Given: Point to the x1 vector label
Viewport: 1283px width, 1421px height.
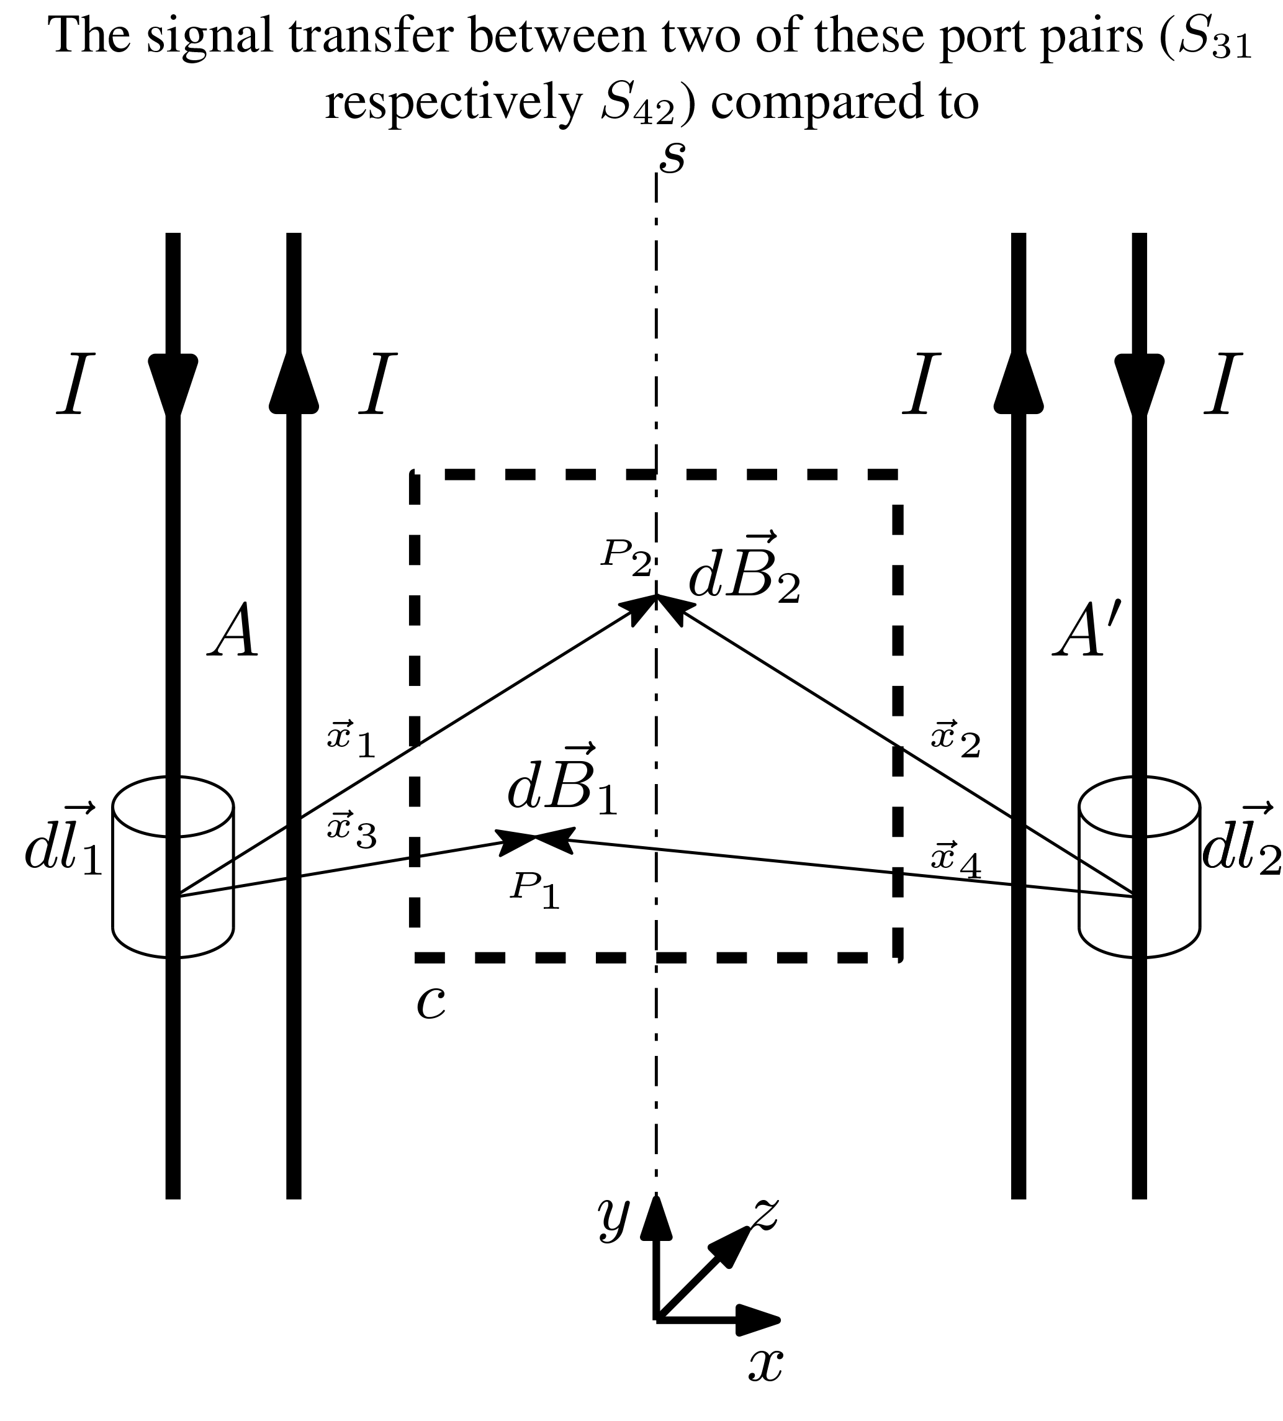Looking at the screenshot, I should [351, 739].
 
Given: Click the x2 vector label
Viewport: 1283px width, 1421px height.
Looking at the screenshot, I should [956, 739].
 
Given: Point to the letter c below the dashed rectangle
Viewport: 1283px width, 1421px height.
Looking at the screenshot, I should [431, 1004].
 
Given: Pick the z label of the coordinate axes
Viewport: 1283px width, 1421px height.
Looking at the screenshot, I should [765, 1214].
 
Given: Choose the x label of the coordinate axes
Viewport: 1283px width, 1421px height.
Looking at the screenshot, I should [765, 1365].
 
